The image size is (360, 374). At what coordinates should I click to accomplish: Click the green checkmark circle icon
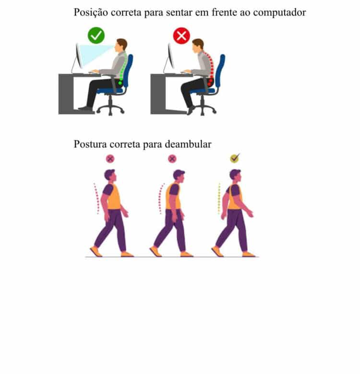[x=96, y=35]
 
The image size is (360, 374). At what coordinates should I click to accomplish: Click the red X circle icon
[x=181, y=35]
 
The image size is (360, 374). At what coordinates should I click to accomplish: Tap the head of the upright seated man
[x=122, y=45]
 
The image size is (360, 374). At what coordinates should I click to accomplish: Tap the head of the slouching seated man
[x=197, y=46]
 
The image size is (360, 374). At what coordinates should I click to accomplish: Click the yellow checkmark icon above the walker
[x=234, y=158]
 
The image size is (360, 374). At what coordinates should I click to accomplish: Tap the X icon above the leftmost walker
[x=110, y=159]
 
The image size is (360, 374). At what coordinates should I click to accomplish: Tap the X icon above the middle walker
[x=172, y=159]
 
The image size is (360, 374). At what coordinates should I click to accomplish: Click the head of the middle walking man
[x=179, y=175]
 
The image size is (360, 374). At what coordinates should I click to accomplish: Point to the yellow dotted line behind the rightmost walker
[x=219, y=198]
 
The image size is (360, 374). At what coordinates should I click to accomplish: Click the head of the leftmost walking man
[x=110, y=175]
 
